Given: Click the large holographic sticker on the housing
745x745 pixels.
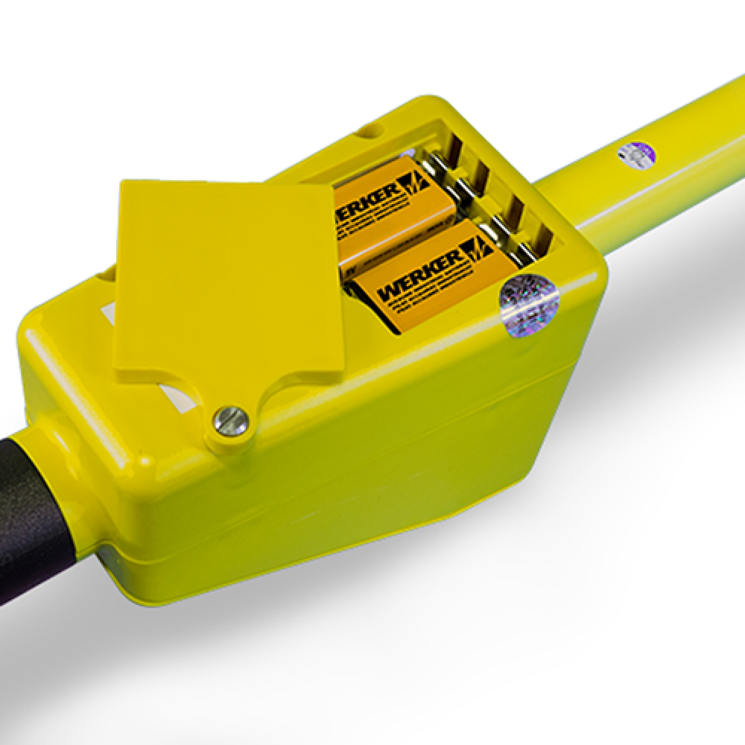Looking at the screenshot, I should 529,305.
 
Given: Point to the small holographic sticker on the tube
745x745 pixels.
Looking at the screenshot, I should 637,155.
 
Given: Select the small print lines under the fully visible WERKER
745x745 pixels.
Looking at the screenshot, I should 432,293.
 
